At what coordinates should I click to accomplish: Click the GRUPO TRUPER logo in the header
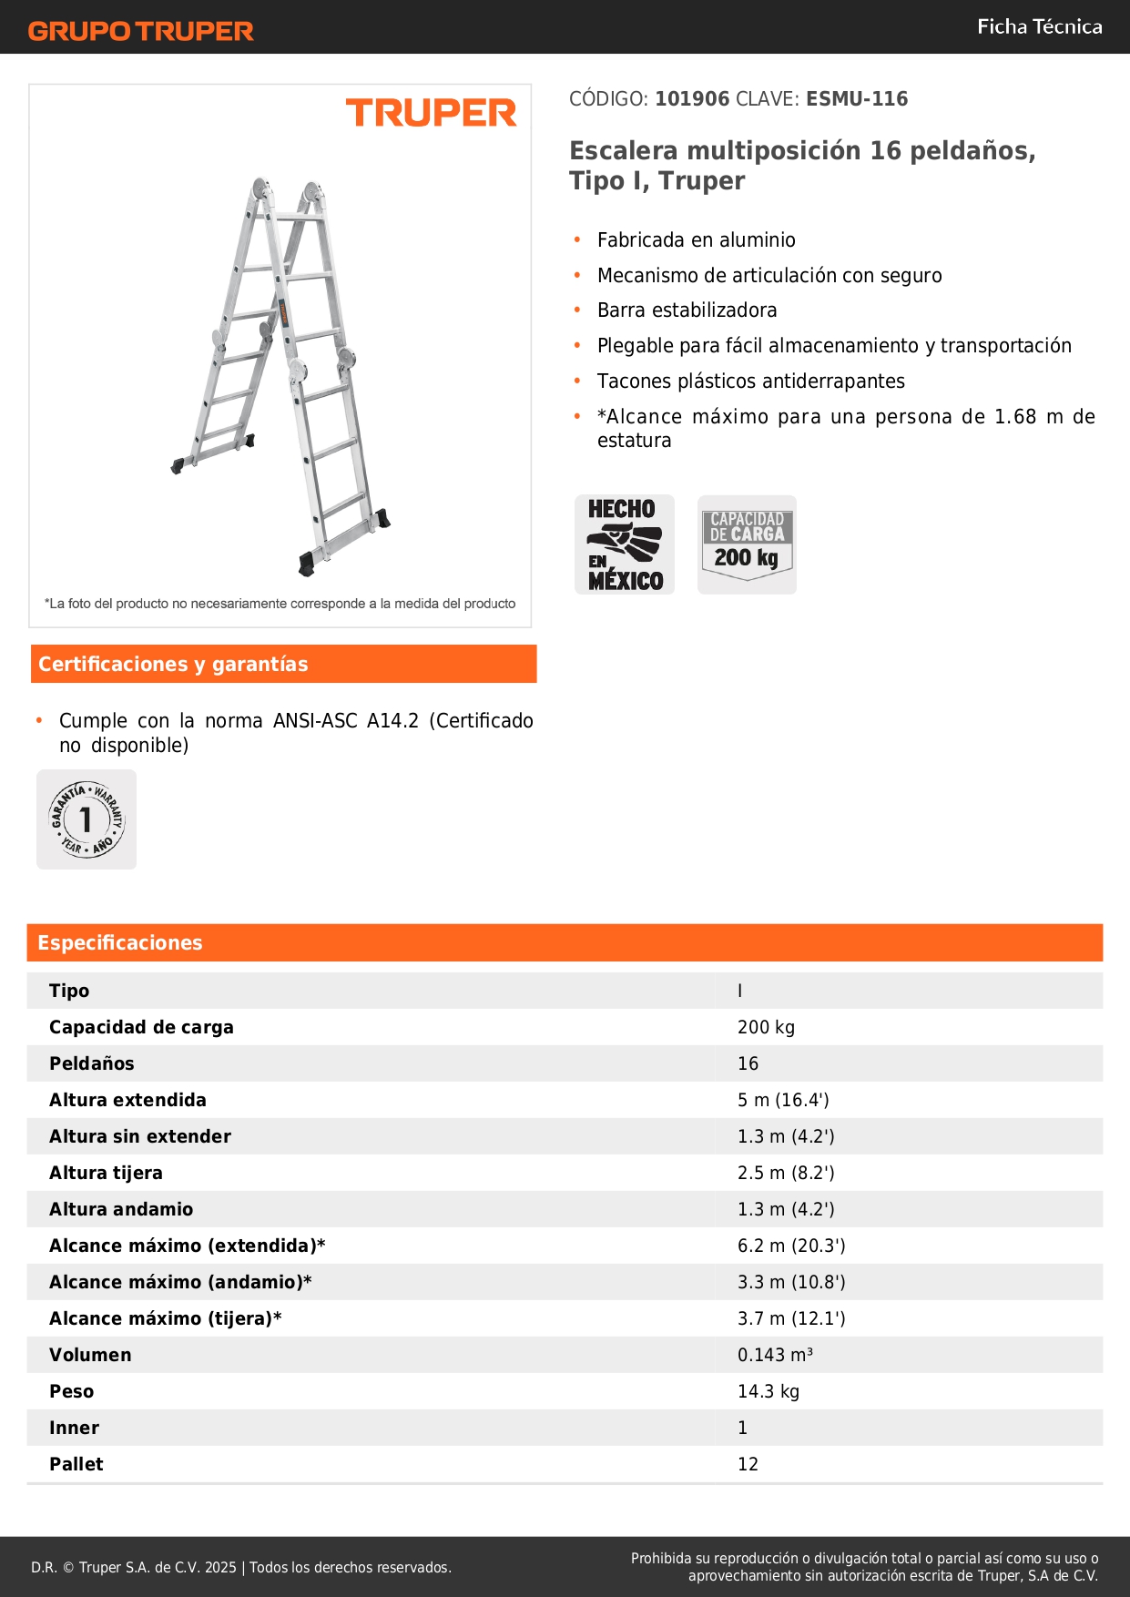click(x=141, y=31)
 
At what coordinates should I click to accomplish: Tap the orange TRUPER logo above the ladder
click(x=431, y=113)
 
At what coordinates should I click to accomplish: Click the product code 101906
click(x=692, y=99)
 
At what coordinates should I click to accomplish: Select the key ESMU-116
click(x=857, y=99)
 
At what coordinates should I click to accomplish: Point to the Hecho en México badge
click(x=625, y=544)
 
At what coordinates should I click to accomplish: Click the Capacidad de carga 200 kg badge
click(x=747, y=544)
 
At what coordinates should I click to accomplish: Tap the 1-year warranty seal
click(x=87, y=819)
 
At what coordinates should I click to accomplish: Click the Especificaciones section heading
click(x=120, y=943)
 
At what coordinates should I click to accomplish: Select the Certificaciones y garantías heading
click(x=173, y=665)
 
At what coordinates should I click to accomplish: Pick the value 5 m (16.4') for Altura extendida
click(x=783, y=1100)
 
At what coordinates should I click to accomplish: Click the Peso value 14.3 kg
click(x=769, y=1391)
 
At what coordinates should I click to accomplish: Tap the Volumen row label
click(x=90, y=1355)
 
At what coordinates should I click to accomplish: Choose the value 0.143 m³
click(x=775, y=1355)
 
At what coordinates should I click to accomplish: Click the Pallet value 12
click(x=748, y=1464)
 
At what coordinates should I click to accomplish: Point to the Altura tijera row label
click(x=106, y=1173)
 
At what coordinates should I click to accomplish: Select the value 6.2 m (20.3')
click(x=791, y=1246)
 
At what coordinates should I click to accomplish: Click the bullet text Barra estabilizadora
click(x=687, y=310)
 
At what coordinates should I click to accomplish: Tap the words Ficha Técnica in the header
click(x=1039, y=27)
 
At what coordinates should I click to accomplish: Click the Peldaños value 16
click(x=748, y=1063)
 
